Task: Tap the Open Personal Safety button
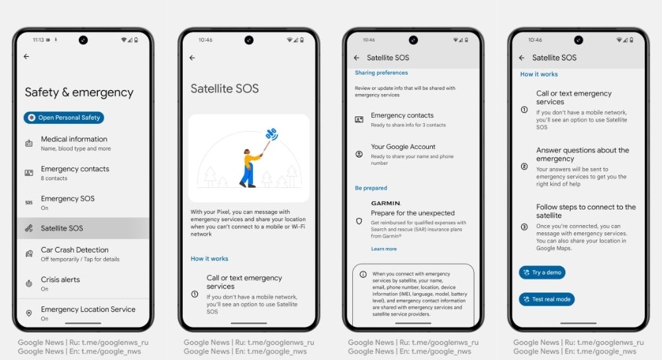(x=64, y=118)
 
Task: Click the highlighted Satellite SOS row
(x=83, y=228)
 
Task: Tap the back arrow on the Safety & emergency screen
(x=26, y=56)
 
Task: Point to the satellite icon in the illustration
(x=271, y=134)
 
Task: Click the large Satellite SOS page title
(x=224, y=89)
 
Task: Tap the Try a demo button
(x=542, y=273)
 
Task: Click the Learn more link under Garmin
(x=384, y=249)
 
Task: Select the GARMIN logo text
(x=385, y=203)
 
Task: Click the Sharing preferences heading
(x=381, y=73)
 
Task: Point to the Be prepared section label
(x=371, y=188)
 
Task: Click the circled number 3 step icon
(x=524, y=227)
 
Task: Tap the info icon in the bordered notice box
(x=363, y=275)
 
